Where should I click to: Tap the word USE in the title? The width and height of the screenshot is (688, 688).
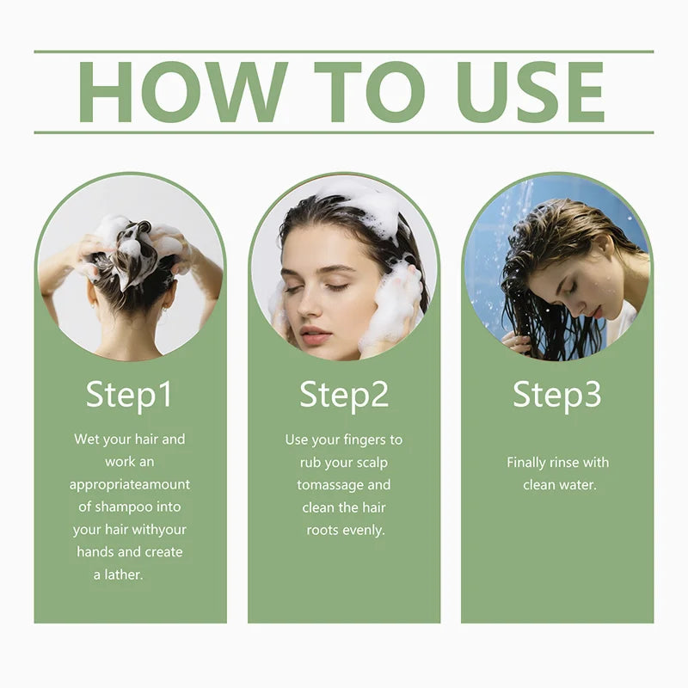pos(530,92)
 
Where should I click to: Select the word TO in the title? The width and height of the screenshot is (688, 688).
pos(370,92)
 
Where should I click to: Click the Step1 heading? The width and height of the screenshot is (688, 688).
pos(129,396)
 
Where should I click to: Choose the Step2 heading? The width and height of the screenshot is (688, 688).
pos(344,396)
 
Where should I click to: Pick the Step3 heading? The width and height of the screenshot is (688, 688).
pos(556,396)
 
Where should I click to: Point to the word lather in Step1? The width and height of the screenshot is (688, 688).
pos(124,574)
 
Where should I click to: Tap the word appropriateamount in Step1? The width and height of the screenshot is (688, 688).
pos(130,485)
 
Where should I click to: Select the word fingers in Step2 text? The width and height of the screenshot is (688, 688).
pos(359,440)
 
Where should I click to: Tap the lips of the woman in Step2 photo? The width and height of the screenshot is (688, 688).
pos(315,335)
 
